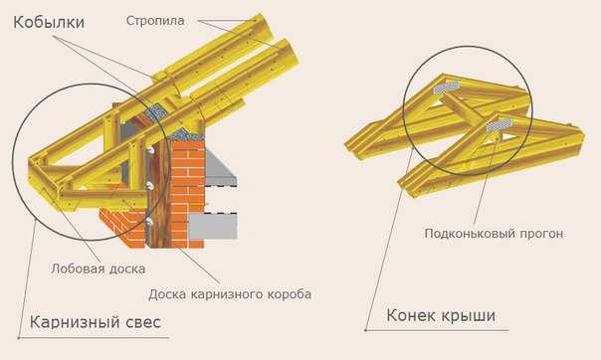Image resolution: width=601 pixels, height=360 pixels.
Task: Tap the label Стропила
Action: [155, 19]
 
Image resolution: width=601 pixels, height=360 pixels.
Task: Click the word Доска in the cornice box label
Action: [168, 294]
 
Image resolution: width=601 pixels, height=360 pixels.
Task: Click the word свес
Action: [140, 323]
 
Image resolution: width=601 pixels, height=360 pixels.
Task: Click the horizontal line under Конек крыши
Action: [438, 331]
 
